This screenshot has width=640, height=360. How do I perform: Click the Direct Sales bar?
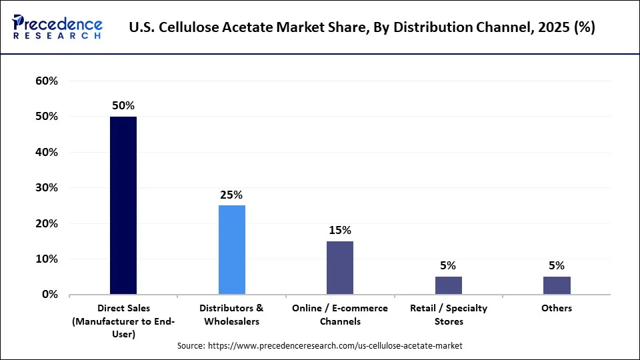tap(123, 205)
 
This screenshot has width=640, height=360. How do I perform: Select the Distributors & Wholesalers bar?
tap(232, 249)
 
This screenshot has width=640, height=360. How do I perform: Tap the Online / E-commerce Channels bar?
tap(340, 267)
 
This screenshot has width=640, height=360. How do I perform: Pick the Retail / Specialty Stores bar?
tap(449, 285)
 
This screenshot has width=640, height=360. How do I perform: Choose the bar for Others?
tap(557, 285)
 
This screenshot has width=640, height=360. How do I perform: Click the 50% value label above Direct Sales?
tap(123, 105)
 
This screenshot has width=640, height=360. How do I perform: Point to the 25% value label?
tap(232, 195)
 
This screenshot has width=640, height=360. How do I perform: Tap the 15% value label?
tap(340, 230)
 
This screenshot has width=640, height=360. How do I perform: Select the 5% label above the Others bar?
tap(557, 265)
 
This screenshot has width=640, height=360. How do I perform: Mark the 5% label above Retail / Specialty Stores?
tap(449, 265)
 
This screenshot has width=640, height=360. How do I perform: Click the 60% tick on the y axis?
tap(46, 81)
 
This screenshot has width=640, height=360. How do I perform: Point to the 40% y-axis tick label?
tap(46, 152)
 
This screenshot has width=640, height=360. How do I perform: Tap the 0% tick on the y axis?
tap(49, 295)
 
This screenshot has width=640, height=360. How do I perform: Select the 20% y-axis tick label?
tap(46, 223)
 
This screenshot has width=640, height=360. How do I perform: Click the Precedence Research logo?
tap(57, 27)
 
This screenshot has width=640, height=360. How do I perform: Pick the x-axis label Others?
tap(557, 308)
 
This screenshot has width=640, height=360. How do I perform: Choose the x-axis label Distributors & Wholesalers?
tap(232, 315)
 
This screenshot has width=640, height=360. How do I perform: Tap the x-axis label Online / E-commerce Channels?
tap(340, 315)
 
